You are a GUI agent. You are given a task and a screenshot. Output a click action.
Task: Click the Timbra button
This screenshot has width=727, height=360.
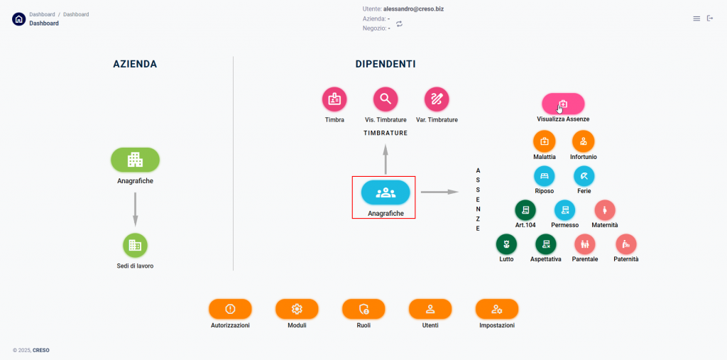click(334, 99)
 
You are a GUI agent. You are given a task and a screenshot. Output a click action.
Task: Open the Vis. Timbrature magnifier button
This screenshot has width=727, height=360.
click(386, 99)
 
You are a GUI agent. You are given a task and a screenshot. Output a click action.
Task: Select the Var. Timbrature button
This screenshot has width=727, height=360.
click(437, 99)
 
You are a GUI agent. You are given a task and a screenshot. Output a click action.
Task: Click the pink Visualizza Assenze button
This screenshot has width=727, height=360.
click(563, 104)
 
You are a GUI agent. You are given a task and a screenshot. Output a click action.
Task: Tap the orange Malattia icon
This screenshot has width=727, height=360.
click(545, 141)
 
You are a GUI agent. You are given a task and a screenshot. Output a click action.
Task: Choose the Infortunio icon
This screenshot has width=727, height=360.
click(584, 141)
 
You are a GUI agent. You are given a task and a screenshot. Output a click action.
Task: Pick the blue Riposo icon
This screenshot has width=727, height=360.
click(545, 175)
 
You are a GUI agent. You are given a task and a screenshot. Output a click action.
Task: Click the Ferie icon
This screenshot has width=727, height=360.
click(584, 175)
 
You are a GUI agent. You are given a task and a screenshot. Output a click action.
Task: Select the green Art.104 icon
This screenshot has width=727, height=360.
click(525, 210)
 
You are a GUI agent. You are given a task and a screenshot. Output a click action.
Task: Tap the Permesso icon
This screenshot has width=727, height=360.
click(565, 210)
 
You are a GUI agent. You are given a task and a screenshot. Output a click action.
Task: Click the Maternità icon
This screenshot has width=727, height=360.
click(605, 210)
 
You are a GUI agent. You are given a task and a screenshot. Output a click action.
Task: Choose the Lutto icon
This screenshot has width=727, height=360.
click(506, 244)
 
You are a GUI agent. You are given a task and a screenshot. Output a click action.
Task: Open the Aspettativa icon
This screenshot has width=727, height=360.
click(546, 244)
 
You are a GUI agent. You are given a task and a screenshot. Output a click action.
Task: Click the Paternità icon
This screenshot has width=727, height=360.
click(626, 244)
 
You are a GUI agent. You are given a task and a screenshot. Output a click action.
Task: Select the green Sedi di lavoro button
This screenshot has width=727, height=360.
click(135, 245)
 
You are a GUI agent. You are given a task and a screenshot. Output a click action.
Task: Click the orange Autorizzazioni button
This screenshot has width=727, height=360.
click(230, 309)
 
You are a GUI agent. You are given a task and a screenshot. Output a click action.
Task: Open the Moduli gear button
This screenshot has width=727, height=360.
click(297, 309)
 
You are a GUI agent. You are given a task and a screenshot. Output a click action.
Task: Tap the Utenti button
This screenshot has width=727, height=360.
click(430, 309)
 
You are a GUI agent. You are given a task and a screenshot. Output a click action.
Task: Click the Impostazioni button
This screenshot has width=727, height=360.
click(497, 309)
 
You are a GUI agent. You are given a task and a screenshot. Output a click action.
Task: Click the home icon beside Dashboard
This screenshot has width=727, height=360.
click(18, 19)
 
